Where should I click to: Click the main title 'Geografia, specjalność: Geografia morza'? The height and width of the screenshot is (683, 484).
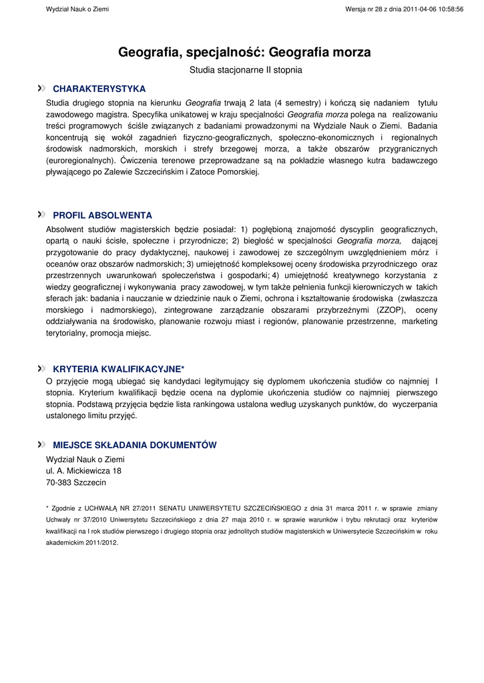tap(244, 52)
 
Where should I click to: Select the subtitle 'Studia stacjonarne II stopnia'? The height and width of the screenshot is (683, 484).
tap(246, 69)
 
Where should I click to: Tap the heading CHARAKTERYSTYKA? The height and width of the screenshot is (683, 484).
tap(99, 89)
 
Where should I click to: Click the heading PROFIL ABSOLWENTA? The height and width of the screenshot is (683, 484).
tap(102, 215)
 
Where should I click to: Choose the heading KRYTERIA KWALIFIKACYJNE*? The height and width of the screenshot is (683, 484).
tap(118, 369)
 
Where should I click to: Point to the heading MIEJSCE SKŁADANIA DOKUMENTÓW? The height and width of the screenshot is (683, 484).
tap(134, 446)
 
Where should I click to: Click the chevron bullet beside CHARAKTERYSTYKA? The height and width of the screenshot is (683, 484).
tap(41, 88)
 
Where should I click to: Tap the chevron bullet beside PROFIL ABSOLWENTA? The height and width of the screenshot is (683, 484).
tap(41, 215)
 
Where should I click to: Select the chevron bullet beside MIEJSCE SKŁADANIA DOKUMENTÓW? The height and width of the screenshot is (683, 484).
tap(41, 445)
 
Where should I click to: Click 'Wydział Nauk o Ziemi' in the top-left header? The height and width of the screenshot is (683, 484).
tap(77, 9)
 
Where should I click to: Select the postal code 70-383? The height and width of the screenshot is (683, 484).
tap(58, 482)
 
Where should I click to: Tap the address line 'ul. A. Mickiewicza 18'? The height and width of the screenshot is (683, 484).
tap(83, 471)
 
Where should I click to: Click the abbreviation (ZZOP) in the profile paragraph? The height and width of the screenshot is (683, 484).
tap(392, 310)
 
